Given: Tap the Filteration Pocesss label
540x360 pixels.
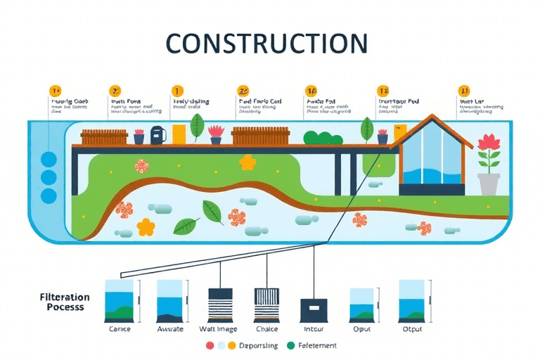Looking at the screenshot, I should point(65,302).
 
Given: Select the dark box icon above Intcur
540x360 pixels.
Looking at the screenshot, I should point(314,309).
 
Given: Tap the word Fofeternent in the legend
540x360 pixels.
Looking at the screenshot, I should point(317,346).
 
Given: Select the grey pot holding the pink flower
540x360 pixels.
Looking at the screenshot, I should point(488,184).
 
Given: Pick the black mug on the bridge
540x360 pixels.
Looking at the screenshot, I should point(157,134).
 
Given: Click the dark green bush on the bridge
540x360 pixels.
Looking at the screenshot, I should point(322,138).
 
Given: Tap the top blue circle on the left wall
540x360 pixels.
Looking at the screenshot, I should point(49,160).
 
